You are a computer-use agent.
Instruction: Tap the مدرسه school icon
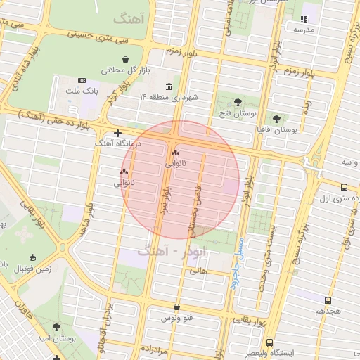[304, 20]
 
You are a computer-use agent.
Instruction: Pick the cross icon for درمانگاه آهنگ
[117, 132]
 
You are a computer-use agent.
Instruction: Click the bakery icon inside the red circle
[174, 153]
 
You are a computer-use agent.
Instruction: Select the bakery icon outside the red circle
[124, 171]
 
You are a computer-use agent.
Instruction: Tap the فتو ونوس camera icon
[176, 308]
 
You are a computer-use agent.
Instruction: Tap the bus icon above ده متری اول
[344, 188]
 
